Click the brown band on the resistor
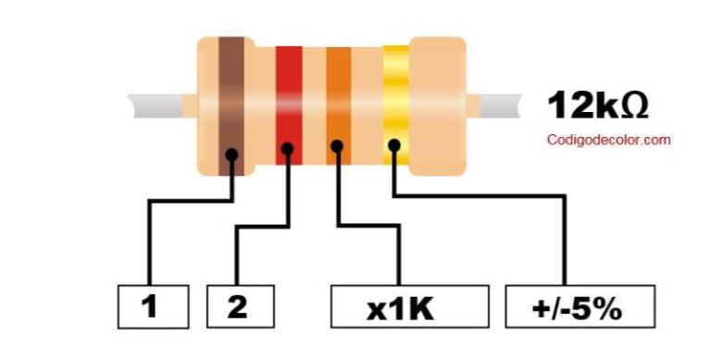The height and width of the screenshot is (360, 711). click(x=231, y=93)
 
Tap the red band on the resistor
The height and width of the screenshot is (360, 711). click(x=289, y=93)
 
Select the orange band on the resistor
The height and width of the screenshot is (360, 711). click(x=338, y=93)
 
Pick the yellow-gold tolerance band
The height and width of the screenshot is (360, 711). click(x=395, y=93)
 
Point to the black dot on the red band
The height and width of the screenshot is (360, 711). click(x=288, y=148)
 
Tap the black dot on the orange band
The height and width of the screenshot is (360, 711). click(x=338, y=145)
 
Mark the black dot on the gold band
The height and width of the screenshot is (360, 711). click(x=394, y=145)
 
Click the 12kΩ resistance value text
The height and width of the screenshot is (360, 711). click(x=597, y=106)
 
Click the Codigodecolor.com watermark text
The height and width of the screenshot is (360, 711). click(x=607, y=141)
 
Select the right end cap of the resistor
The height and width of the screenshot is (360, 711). click(x=437, y=105)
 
